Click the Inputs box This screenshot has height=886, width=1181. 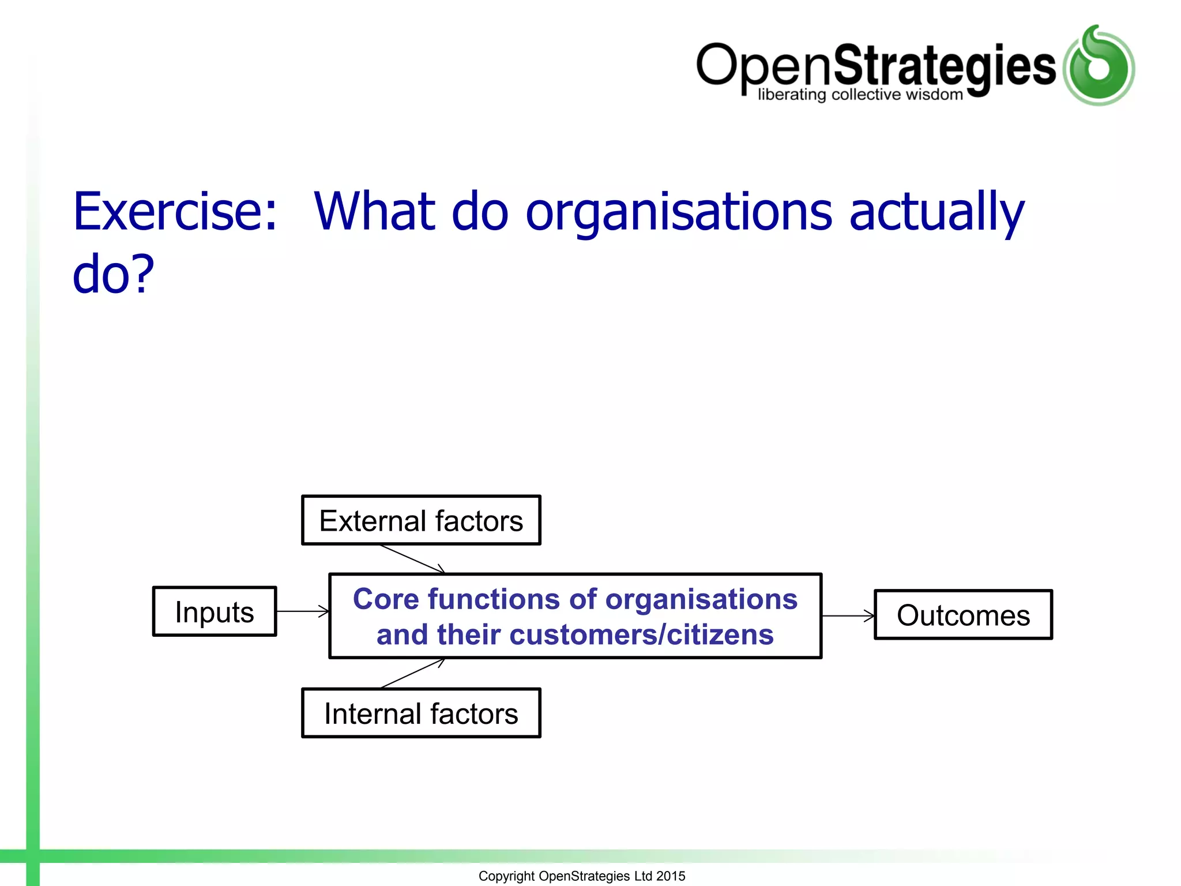click(215, 611)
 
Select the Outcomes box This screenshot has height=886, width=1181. click(963, 615)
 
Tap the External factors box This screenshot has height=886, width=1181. click(421, 520)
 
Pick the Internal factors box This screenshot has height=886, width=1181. click(421, 714)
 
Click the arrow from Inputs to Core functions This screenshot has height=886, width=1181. click(303, 611)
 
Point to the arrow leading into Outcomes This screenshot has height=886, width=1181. click(848, 616)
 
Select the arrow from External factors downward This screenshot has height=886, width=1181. click(412, 559)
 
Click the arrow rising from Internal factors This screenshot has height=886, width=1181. click(412, 673)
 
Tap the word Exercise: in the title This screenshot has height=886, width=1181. click(175, 212)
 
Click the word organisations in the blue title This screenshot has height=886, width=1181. click(679, 212)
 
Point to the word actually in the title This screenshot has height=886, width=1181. click(936, 212)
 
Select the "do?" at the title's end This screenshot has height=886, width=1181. click(113, 274)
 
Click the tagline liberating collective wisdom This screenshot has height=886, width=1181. click(860, 95)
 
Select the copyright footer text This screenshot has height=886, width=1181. click(581, 876)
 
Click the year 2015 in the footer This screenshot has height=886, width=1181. click(671, 876)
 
